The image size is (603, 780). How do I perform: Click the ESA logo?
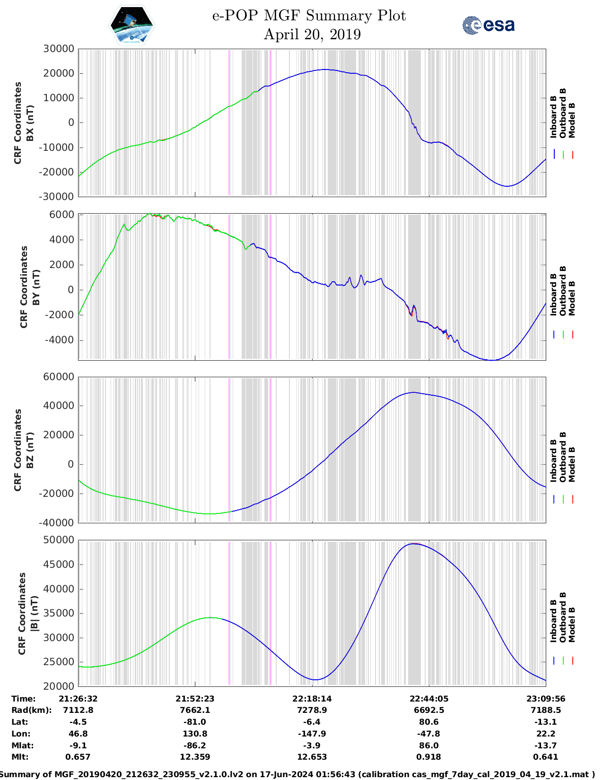pos(489,25)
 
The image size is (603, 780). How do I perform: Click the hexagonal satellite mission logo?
pos(131,25)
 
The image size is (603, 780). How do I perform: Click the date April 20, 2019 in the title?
pos(312,35)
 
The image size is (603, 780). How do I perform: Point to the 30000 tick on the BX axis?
pos(59,49)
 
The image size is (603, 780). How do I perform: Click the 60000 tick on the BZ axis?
pos(59,377)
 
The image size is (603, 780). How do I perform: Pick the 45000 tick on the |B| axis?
pos(59,564)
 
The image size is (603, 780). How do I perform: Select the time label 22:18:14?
pos(312,699)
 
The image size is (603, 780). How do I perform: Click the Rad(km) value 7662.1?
pos(195,710)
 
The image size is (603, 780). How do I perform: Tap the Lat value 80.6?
pos(429,722)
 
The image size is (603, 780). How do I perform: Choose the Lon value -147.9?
pos(312,734)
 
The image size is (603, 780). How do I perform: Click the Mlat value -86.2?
pos(195,745)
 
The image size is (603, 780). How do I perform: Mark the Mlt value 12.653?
pos(312,757)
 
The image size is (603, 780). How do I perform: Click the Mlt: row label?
pos(20,757)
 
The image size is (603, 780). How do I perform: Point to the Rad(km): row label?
pos(31,710)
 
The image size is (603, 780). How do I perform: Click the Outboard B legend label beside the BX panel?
pos(563,113)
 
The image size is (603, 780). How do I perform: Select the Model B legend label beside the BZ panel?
pos(572,464)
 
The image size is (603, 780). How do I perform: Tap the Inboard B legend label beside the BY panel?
pos(554,295)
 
